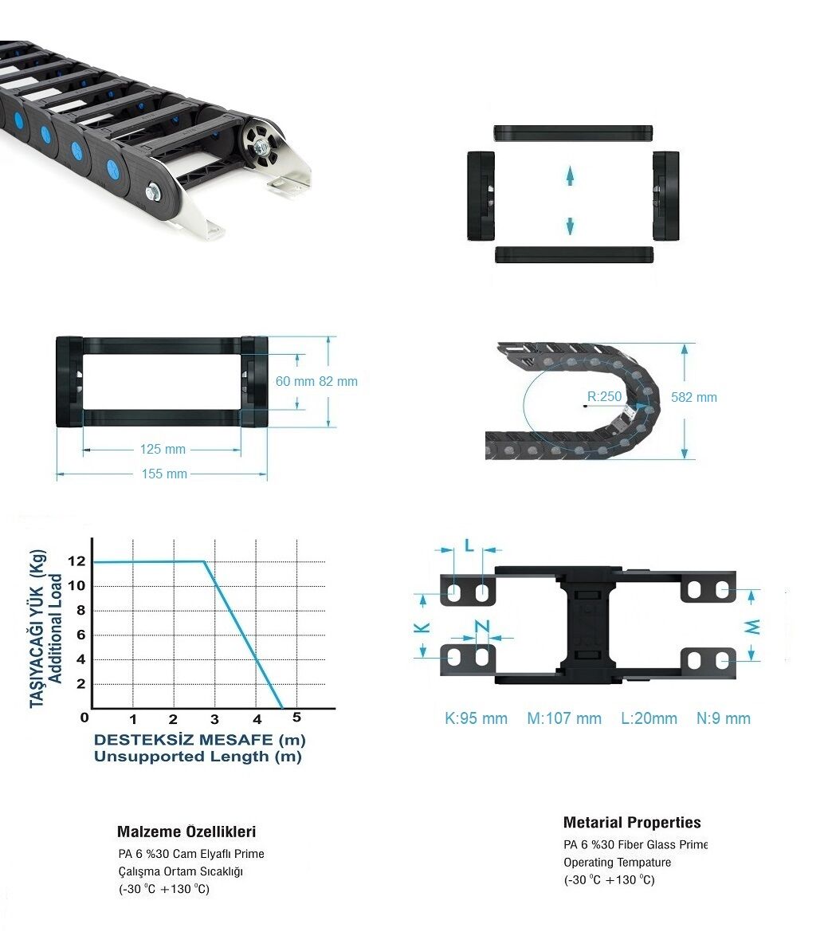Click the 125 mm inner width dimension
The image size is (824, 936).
coord(163,449)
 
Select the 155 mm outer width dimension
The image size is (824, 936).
coord(164,474)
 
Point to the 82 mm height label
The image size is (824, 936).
coord(338,381)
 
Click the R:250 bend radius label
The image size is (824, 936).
coord(604,396)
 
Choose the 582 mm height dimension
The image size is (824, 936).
coord(694,397)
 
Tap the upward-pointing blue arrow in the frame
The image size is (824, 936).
coord(570,175)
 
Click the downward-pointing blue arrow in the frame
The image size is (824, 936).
coord(570,225)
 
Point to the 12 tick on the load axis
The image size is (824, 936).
coord(77,561)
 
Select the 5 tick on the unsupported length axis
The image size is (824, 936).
coord(296,717)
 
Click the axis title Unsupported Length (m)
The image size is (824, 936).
coord(198,757)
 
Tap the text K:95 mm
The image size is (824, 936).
coord(476,718)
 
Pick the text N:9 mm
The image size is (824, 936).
coord(723,718)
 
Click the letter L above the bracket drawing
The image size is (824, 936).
coord(469,545)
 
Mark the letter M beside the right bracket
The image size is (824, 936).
coord(753,627)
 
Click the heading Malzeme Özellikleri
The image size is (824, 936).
coord(186,832)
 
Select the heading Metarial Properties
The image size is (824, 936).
coord(632,823)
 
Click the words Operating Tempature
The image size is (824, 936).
coord(617,862)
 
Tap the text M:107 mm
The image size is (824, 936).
coord(564,718)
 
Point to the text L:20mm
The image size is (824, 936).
coord(649,718)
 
